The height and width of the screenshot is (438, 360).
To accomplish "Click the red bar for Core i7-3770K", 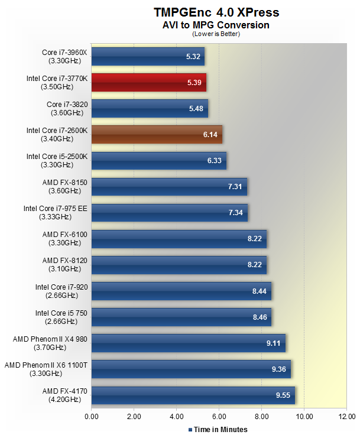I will [149, 83].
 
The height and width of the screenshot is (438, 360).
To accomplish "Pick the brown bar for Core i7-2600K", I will [157, 135].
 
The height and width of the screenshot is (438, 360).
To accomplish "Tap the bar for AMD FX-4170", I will [193, 395].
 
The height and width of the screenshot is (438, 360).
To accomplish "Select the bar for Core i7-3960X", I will [148, 57].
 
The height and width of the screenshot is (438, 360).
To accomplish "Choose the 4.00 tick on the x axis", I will [177, 417].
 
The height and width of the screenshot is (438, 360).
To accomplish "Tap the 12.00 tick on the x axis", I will [346, 417].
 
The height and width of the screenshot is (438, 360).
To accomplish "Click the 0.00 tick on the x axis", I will [92, 417].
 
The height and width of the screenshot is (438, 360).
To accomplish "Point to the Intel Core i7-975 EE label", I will [55, 212].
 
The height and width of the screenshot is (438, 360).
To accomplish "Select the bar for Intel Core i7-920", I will [181, 291].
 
